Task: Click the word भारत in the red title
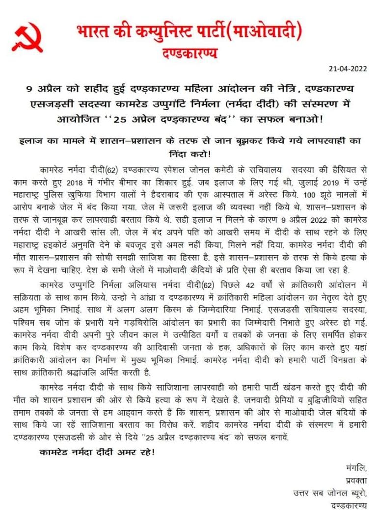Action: click(94, 33)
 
